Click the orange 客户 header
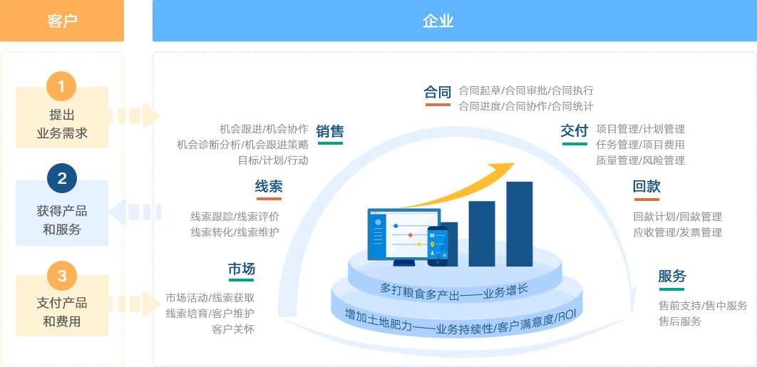(62, 21)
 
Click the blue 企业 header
(454, 21)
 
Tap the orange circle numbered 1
(61, 86)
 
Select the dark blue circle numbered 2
(62, 179)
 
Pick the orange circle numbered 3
(62, 276)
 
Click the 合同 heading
(438, 92)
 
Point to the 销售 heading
(330, 131)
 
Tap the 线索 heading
(269, 187)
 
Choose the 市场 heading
(242, 269)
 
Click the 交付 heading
(575, 130)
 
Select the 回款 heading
(647, 187)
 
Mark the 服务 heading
(672, 276)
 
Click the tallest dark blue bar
(520, 224)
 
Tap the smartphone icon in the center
(438, 247)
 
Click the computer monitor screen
(404, 234)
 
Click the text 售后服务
(680, 321)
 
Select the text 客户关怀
(233, 329)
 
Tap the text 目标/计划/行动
(273, 160)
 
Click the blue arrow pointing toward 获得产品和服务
(135, 212)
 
